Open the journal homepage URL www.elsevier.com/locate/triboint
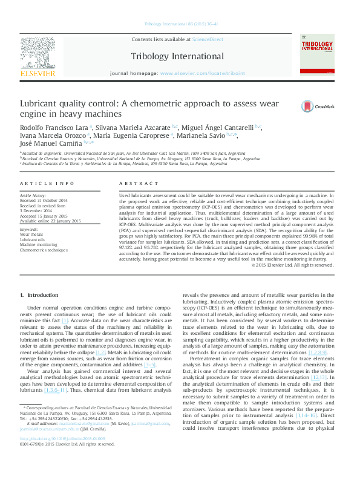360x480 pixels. tap(203, 73)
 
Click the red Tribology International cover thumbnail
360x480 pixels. tap(316, 55)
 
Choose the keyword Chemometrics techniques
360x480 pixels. tap(44, 249)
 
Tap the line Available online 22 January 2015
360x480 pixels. tap(50, 221)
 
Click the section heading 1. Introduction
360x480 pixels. tap(40, 294)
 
